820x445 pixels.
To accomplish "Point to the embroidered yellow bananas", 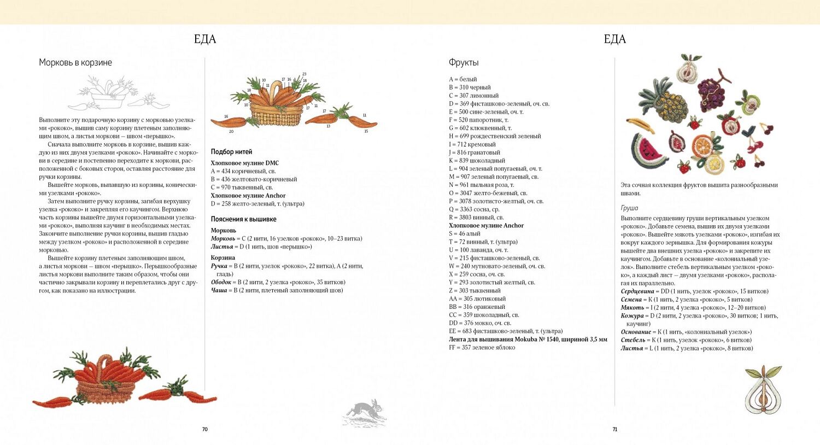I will tap(640, 125).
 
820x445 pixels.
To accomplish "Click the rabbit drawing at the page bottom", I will tap(365, 412).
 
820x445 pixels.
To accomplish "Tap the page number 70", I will tap(205, 429).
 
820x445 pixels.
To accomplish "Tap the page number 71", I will tap(614, 429).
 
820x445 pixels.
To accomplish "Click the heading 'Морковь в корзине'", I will tap(75, 62).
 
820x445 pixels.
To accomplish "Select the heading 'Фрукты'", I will tap(464, 62).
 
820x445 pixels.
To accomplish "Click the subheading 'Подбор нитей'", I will tap(231, 151).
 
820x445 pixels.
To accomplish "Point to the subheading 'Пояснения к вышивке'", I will tap(243, 219).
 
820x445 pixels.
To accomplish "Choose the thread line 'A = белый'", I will tap(463, 79).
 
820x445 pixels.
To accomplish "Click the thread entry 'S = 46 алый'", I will tap(465, 233).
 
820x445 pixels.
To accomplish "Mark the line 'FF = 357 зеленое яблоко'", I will tap(482, 347).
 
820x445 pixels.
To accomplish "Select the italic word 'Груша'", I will tap(629, 208).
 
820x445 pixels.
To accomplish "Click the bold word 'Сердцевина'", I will tap(637, 291).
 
